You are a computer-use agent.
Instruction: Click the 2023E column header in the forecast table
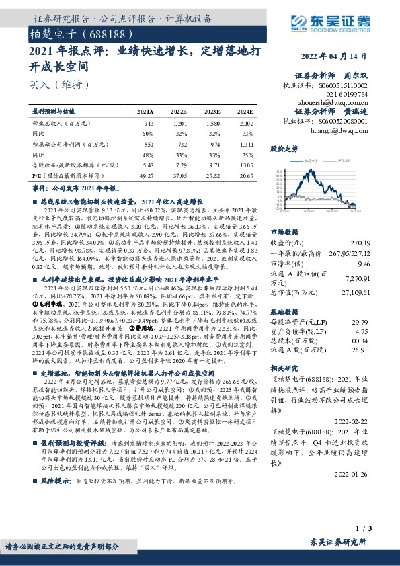click(212, 112)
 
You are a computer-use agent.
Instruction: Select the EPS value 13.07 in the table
click(246, 164)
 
